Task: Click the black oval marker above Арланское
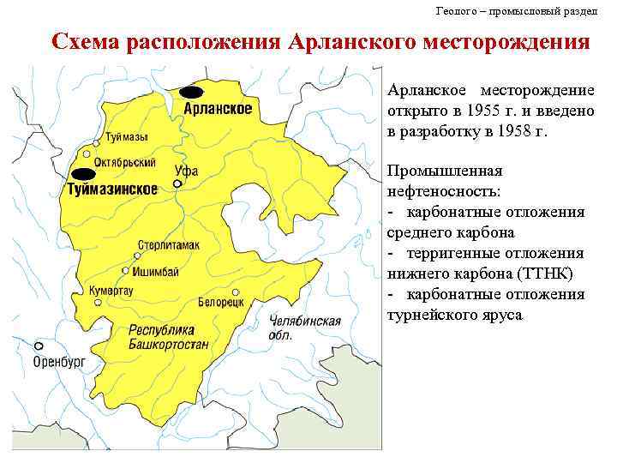point(192,92)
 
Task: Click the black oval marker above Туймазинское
point(83,175)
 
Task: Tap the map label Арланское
point(218,109)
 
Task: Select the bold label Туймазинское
point(112,189)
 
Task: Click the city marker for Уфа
point(177,183)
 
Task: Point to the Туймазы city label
point(125,138)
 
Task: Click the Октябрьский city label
point(124,162)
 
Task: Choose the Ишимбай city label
point(154,271)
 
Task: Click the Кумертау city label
point(111,292)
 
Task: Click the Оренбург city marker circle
point(39,346)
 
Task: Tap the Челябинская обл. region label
point(304,328)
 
